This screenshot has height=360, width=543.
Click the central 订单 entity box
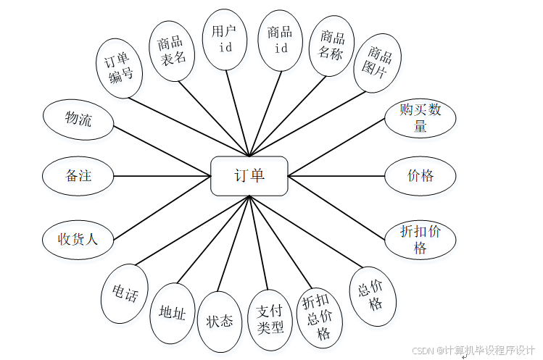coord(249,176)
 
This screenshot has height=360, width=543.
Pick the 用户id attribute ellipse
coord(224,39)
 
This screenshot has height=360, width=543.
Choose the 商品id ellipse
coord(280,40)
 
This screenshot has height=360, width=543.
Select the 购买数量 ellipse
coord(420,117)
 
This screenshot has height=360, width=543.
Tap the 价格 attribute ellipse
coord(420,175)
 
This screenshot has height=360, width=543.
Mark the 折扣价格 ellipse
coord(420,240)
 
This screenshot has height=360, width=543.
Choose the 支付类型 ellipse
coord(270,319)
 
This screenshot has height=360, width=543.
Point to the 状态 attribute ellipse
coord(220,319)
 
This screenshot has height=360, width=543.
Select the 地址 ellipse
coord(173,313)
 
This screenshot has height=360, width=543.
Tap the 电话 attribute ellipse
coord(125,294)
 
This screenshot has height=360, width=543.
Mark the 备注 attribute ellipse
coord(78,175)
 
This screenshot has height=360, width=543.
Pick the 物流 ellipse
coord(78,119)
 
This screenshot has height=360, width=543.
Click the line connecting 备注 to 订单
coord(162,176)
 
